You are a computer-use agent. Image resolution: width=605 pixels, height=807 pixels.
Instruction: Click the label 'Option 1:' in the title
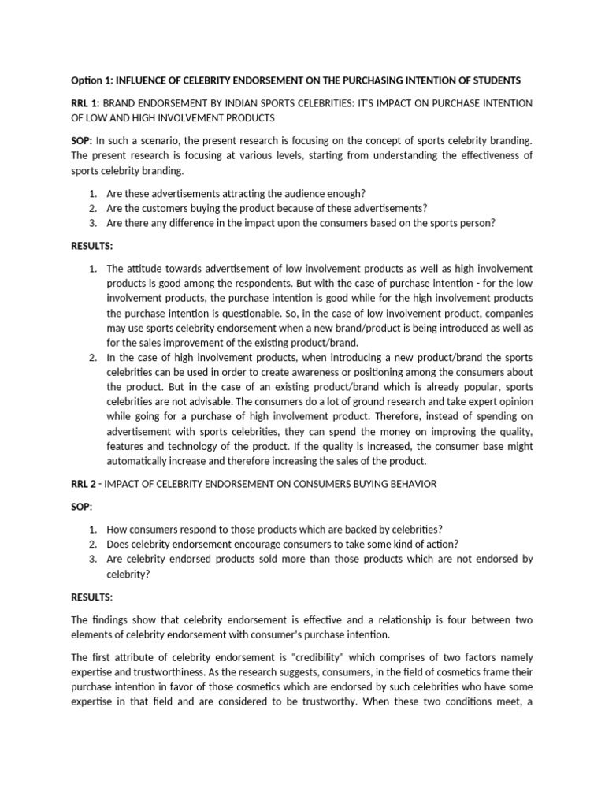click(92, 81)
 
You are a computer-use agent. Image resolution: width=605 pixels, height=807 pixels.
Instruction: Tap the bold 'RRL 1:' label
click(86, 104)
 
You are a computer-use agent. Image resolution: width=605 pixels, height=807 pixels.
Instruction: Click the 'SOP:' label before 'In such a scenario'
click(83, 140)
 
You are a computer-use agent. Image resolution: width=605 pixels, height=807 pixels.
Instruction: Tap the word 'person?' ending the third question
click(477, 223)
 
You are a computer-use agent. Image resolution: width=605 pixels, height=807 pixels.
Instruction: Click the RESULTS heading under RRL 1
click(93, 246)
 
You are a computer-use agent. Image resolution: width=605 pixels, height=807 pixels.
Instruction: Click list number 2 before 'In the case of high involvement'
click(92, 357)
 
